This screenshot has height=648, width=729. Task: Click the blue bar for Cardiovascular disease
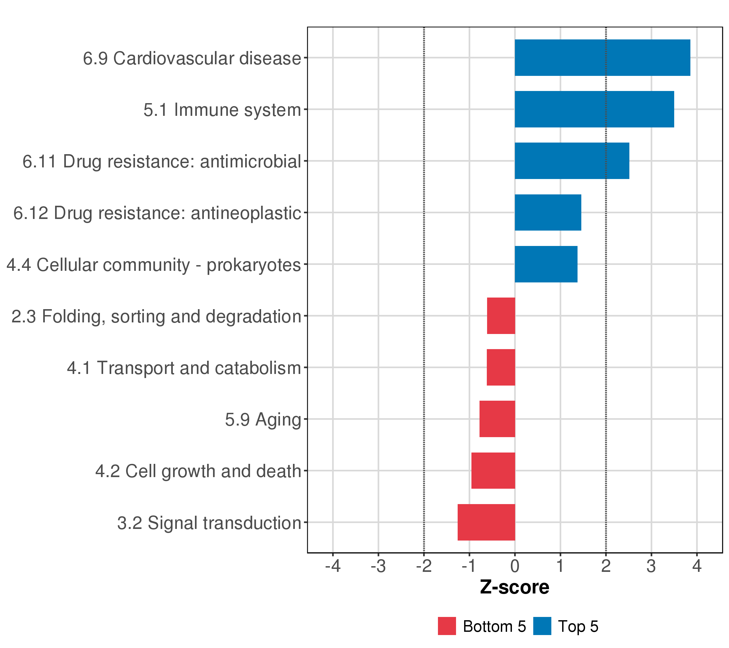[x=602, y=58]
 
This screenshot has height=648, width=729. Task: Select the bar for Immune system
[x=594, y=109]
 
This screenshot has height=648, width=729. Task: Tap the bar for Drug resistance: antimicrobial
[x=572, y=161]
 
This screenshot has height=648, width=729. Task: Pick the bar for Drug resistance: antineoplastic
[x=548, y=212]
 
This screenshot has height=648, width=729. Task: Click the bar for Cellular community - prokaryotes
[x=546, y=264]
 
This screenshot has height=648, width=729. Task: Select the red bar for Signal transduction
[x=486, y=522]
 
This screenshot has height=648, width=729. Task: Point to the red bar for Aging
[x=497, y=419]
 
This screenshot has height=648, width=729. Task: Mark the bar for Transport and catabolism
[x=501, y=367]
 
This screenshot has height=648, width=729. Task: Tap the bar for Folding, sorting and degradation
[x=501, y=316]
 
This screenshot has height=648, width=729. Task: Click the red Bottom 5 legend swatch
[x=447, y=626]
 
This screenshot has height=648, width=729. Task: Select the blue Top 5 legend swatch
[x=542, y=626]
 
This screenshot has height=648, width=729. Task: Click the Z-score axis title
[x=514, y=587]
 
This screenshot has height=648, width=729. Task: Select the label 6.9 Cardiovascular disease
[x=192, y=59]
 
